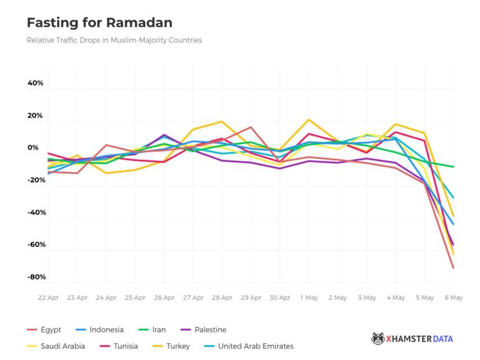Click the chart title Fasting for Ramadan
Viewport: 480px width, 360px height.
99,23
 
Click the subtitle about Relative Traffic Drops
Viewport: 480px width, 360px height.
114,40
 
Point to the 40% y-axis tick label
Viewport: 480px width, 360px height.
35,83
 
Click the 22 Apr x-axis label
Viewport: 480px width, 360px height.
48,298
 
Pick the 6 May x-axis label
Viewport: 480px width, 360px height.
453,298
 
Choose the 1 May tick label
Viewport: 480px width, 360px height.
309,298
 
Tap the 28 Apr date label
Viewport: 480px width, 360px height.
221,298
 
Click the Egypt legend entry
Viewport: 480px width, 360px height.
51,330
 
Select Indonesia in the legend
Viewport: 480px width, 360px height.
106,330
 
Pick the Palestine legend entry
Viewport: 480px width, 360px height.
210,330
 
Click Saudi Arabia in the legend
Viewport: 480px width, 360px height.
62,346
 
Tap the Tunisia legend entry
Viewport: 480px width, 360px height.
125,346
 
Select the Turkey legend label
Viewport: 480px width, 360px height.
178,346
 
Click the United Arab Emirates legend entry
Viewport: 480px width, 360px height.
255,346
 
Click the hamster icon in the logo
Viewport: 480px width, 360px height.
378,339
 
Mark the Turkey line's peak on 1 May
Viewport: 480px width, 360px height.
309,120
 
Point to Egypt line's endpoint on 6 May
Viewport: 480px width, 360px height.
453,268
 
